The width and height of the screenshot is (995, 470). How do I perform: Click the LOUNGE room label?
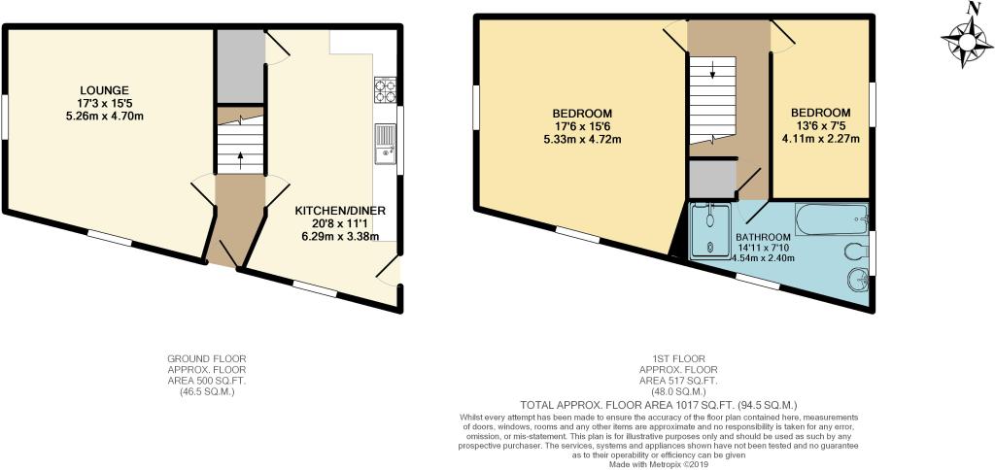pyautogui.click(x=104, y=89)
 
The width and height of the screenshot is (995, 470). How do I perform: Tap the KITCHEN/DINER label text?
pyautogui.click(x=341, y=211)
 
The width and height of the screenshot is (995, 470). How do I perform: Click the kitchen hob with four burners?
pyautogui.click(x=385, y=89)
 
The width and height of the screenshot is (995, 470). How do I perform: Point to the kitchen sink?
pyautogui.click(x=385, y=144)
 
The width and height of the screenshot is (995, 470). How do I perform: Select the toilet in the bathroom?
pyautogui.click(x=858, y=252)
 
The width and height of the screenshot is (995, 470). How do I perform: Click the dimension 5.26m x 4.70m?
pyautogui.click(x=104, y=117)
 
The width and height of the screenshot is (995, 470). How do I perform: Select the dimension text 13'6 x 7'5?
pyautogui.click(x=820, y=124)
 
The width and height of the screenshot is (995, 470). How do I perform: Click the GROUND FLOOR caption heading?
pyautogui.click(x=206, y=358)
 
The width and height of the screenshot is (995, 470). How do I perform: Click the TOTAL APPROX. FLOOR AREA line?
pyautogui.click(x=659, y=404)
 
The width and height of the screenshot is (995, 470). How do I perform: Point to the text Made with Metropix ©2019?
pyautogui.click(x=658, y=465)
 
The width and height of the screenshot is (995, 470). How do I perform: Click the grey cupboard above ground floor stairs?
pyautogui.click(x=241, y=66)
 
